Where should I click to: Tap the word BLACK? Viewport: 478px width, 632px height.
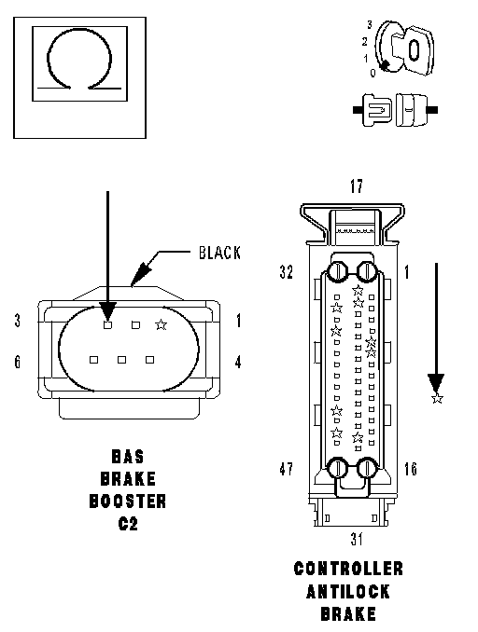point(219,253)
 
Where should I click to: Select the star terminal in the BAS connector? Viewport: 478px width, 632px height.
point(162,324)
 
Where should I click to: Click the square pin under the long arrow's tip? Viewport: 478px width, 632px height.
point(107,324)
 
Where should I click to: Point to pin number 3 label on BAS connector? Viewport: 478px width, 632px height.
point(17,321)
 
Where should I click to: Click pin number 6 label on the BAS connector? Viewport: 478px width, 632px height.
point(17,362)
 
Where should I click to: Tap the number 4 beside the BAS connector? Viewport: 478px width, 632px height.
point(238,362)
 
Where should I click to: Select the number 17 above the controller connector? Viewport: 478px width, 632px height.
point(357,186)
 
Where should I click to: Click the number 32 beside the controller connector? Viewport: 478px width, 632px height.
point(287,271)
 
